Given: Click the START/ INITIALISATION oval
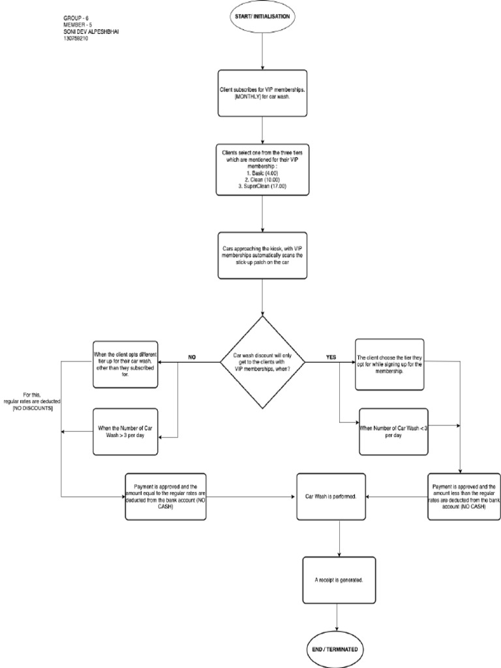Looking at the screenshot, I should [262, 16].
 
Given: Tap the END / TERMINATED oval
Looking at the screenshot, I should [337, 650].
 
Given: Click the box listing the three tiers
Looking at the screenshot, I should [262, 170].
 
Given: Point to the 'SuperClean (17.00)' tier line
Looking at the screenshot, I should [262, 187].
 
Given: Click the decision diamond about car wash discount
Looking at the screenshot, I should [262, 361].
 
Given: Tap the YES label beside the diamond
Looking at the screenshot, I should [331, 357].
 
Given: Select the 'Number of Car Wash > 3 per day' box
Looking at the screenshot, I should [125, 431].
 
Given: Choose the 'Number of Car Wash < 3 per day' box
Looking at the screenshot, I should [392, 431].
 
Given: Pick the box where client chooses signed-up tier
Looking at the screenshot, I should [389, 363].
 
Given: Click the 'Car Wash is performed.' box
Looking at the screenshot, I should [331, 497].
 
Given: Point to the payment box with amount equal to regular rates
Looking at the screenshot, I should [165, 496].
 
